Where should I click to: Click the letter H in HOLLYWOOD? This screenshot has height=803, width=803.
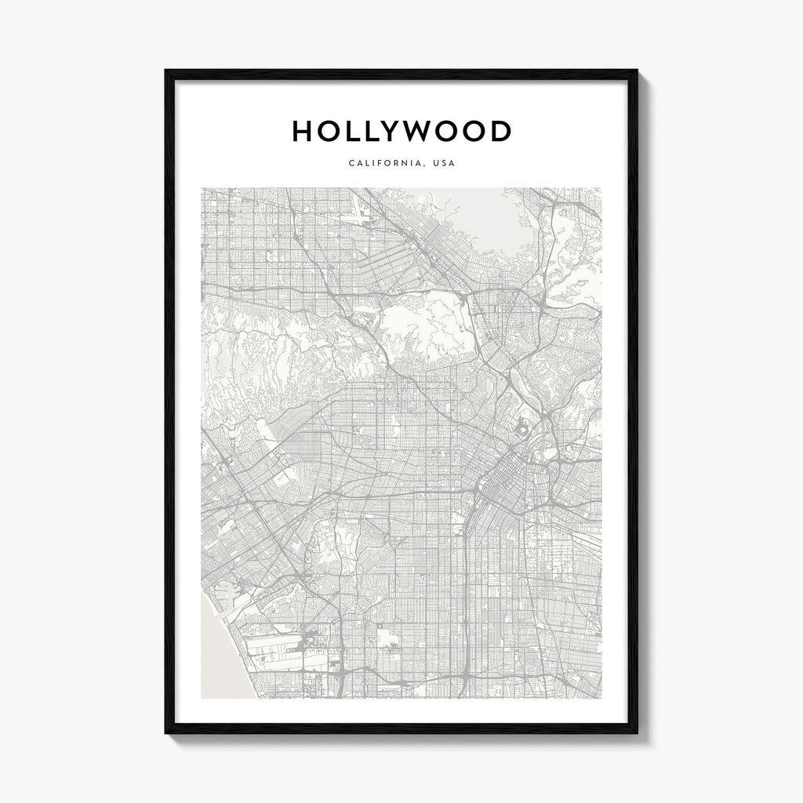302,131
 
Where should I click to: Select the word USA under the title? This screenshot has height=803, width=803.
443,165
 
